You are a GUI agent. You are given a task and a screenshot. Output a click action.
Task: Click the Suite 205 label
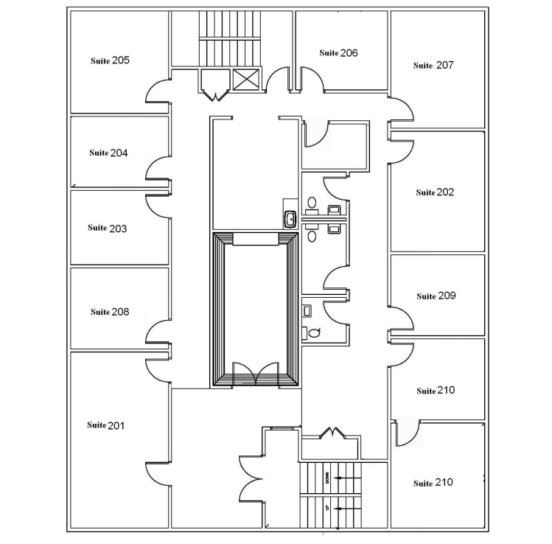(110, 60)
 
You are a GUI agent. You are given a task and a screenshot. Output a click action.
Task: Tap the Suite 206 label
(338, 53)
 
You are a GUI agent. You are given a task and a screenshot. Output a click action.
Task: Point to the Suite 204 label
(108, 153)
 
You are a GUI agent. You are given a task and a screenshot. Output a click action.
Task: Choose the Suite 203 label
(108, 229)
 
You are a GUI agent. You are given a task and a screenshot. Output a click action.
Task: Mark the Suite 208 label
(110, 312)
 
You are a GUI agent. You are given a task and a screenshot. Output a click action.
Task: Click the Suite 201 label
(106, 425)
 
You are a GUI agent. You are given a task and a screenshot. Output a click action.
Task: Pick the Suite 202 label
(435, 192)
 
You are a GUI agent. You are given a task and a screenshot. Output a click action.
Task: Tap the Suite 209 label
(436, 296)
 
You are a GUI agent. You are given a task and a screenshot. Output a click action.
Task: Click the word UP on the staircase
(326, 508)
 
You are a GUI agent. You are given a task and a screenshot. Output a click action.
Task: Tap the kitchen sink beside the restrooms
(290, 218)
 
